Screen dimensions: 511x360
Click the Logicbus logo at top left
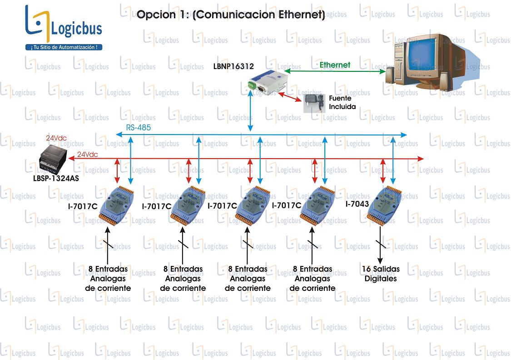[64, 28]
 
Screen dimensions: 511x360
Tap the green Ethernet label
[335, 65]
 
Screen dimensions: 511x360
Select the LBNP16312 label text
[233, 66]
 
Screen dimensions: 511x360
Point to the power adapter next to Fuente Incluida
[314, 103]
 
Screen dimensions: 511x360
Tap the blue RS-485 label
[139, 127]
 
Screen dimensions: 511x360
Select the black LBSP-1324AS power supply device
[53, 160]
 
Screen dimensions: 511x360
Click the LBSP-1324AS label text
[56, 178]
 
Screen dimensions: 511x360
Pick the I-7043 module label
[357, 204]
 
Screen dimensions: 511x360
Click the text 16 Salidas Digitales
[381, 274]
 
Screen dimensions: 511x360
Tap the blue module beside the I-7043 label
[385, 205]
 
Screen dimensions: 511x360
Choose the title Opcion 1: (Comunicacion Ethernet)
[231, 15]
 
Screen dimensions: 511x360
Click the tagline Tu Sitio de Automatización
[64, 47]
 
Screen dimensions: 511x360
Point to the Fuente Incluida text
[342, 102]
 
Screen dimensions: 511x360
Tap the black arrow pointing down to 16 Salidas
[380, 245]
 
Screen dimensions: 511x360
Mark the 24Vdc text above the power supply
[56, 138]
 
